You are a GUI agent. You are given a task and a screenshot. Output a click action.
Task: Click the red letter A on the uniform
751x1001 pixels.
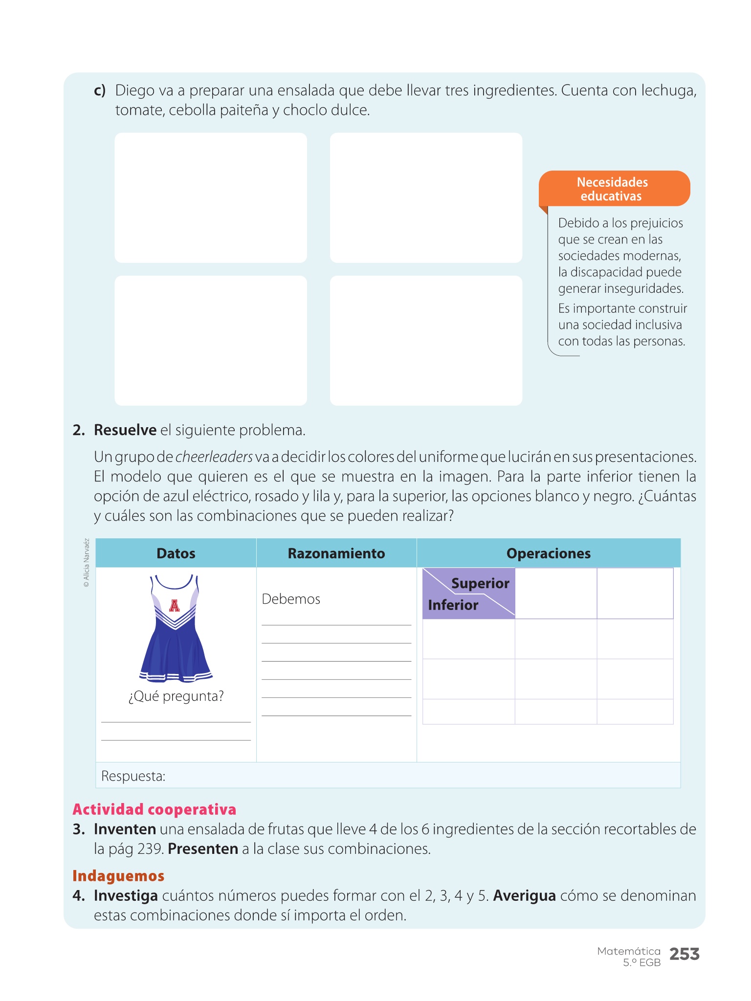click(x=175, y=606)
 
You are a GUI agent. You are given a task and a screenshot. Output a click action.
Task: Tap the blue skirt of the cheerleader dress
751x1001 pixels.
click(x=175, y=650)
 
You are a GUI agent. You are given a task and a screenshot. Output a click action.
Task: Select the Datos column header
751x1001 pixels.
click(x=176, y=553)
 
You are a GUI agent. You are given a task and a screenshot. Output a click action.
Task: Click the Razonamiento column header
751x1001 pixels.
click(x=336, y=553)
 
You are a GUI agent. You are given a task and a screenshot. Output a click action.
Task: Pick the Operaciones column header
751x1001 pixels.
click(x=549, y=553)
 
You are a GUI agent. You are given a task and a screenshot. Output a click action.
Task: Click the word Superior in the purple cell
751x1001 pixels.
click(x=480, y=583)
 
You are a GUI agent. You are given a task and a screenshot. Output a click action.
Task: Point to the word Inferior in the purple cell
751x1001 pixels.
click(x=453, y=605)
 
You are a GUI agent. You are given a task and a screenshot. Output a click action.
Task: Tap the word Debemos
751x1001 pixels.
click(x=291, y=599)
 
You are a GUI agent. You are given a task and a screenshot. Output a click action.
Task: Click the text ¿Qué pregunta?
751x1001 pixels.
click(x=176, y=696)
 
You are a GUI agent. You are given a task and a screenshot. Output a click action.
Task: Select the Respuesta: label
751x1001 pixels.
click(x=133, y=776)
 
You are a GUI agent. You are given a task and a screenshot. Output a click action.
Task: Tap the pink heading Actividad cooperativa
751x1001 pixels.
click(x=155, y=809)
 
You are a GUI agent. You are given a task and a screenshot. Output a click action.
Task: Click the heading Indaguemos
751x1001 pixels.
click(x=118, y=876)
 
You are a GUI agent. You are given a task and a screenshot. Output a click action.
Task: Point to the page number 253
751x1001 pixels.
click(x=684, y=954)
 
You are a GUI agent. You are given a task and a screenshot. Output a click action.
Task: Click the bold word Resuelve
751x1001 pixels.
click(x=125, y=430)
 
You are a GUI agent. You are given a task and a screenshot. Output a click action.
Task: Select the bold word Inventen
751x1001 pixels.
click(x=125, y=829)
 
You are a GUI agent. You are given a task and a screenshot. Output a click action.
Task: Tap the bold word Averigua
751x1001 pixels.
click(x=525, y=896)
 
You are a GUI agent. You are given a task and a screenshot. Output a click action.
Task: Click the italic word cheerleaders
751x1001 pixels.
click(x=214, y=457)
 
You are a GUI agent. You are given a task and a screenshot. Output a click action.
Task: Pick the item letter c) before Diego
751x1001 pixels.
click(x=100, y=91)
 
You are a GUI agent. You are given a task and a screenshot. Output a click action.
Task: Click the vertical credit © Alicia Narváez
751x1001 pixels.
click(x=87, y=563)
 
